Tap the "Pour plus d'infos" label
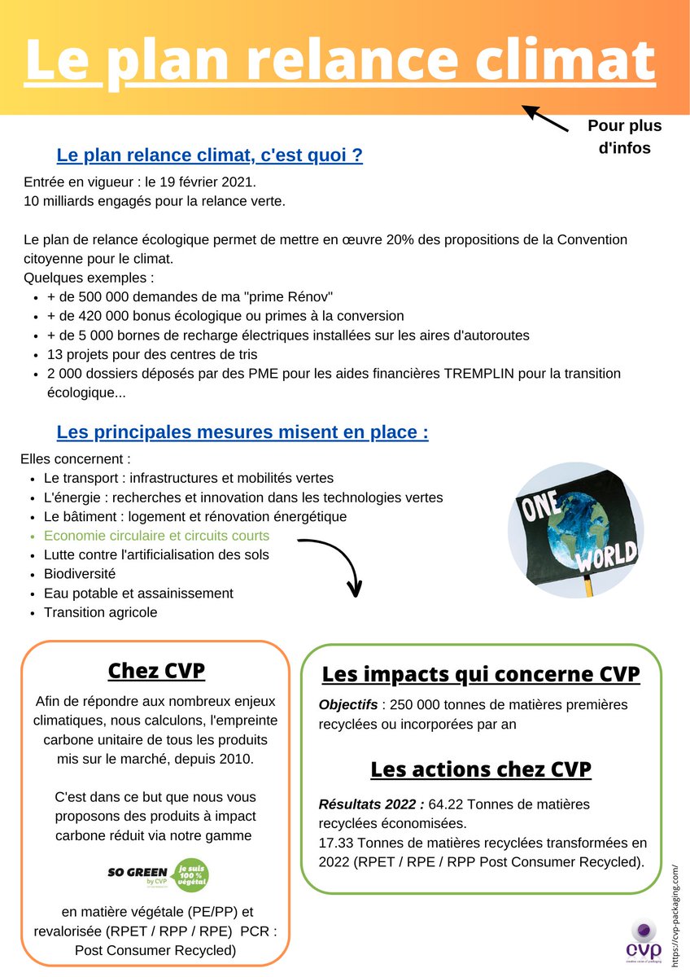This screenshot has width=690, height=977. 624,137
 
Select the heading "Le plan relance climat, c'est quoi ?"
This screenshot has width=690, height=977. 209,156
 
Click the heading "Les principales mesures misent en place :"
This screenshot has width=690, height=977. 242,432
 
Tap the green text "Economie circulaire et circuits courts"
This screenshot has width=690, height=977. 156,536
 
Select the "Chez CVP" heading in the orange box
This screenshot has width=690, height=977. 156,671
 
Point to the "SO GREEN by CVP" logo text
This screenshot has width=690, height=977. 137,874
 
